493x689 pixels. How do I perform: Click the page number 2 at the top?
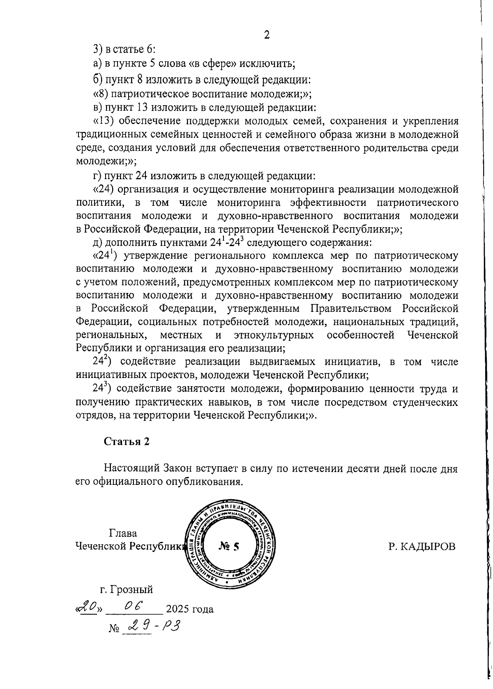(266, 35)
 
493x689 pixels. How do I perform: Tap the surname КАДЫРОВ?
(422, 546)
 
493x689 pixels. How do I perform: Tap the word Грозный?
(132, 590)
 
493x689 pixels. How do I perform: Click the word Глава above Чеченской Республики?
(123, 533)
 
